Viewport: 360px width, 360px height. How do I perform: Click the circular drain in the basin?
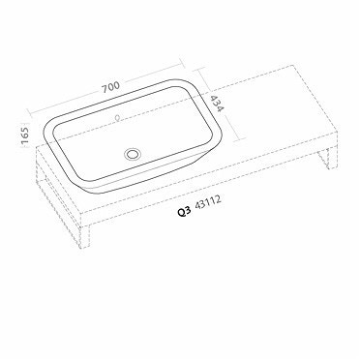point(133,152)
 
